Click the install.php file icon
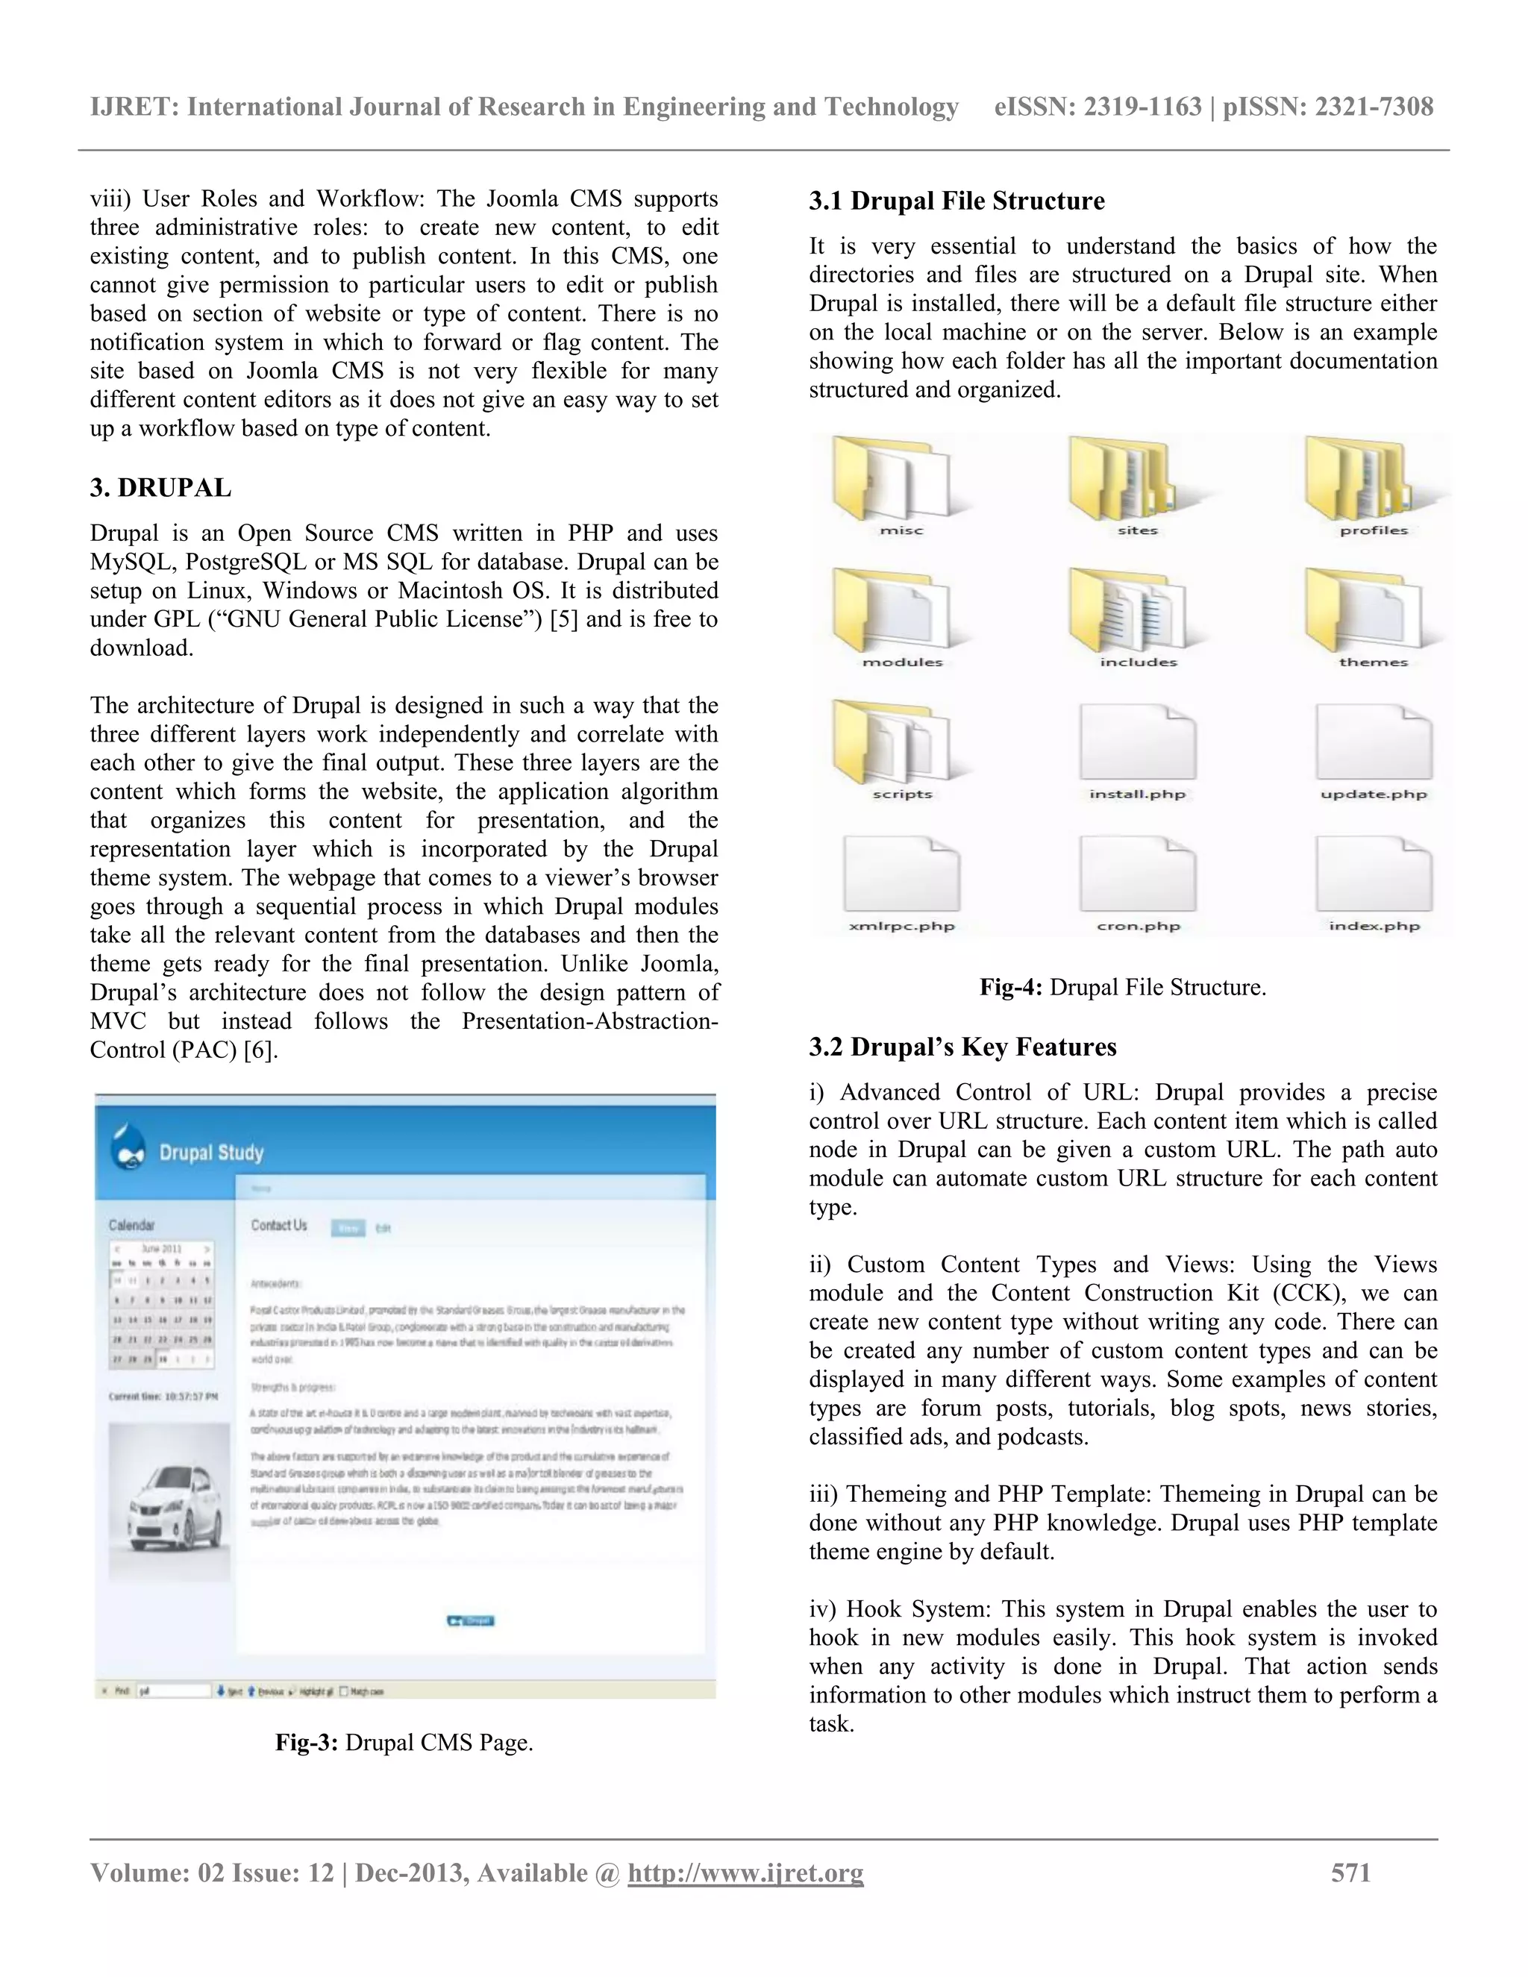pyautogui.click(x=1137, y=742)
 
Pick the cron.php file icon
pyautogui.click(x=1137, y=874)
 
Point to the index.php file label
pyautogui.click(x=1374, y=925)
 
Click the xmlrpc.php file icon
pyautogui.click(x=901, y=874)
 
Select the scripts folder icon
pyautogui.click(x=891, y=742)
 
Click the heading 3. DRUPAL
pyautogui.click(x=160, y=488)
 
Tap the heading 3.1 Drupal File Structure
pyautogui.click(x=956, y=201)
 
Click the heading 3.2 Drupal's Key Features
pyautogui.click(x=962, y=1047)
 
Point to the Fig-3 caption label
pyautogui.click(x=306, y=1743)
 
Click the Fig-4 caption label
pyautogui.click(x=1012, y=988)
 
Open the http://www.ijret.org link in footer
pyautogui.click(x=745, y=1872)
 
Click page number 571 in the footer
pyautogui.click(x=1350, y=1872)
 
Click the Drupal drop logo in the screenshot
pyautogui.click(x=127, y=1148)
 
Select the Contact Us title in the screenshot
pyautogui.click(x=279, y=1226)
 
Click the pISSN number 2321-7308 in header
pyautogui.click(x=1374, y=107)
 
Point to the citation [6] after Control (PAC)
pyautogui.click(x=260, y=1050)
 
